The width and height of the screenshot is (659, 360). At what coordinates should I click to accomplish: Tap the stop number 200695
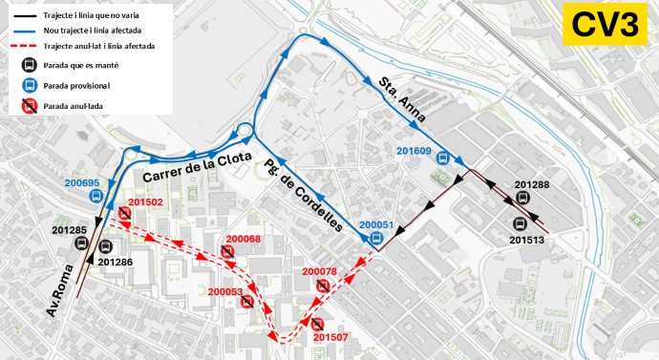(83, 182)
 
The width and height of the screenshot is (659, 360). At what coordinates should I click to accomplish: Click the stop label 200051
(377, 225)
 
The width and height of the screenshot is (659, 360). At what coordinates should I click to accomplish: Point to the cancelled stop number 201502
(145, 202)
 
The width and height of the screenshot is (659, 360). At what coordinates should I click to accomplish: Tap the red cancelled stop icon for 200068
(227, 252)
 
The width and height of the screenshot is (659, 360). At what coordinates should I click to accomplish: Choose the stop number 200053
(225, 291)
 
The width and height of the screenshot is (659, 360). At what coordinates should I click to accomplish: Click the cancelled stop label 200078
(319, 272)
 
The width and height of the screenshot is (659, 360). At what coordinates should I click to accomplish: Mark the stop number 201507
(329, 337)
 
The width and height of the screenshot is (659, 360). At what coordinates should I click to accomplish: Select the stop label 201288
(532, 184)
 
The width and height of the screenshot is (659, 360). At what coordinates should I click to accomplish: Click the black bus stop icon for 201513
(521, 223)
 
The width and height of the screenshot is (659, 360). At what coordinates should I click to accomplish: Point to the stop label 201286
(115, 261)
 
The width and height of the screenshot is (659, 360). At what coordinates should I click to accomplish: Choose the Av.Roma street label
(62, 294)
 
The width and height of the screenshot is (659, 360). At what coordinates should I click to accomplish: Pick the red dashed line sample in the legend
(27, 46)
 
